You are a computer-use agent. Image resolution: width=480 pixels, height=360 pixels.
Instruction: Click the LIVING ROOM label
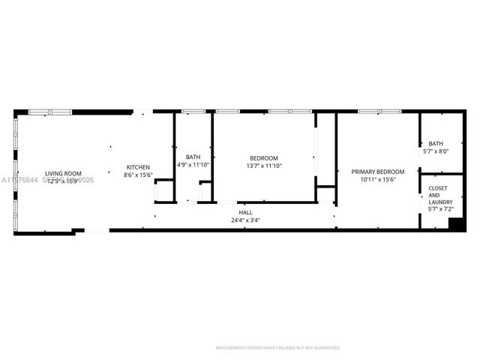tap(63, 174)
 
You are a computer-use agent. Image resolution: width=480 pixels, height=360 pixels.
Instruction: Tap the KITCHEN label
tap(138, 166)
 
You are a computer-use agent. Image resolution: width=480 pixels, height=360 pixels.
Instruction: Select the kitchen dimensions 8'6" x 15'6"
tap(138, 175)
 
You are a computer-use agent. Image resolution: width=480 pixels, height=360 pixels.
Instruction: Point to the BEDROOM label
tap(264, 157)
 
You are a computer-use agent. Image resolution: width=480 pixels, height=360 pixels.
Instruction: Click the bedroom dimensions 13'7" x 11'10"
tap(264, 166)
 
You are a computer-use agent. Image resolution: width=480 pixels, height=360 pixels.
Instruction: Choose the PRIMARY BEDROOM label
tap(378, 172)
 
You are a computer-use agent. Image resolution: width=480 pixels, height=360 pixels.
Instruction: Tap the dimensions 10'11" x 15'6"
tap(378, 180)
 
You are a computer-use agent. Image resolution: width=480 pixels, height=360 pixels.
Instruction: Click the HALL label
tap(245, 213)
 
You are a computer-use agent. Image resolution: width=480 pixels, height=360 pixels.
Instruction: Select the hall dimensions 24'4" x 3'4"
tap(245, 221)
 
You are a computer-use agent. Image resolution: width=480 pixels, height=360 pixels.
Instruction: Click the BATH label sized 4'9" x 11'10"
tap(193, 157)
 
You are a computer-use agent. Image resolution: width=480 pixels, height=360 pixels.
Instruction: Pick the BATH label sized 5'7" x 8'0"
tap(436, 143)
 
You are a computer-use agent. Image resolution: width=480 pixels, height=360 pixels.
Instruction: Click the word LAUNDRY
tap(439, 202)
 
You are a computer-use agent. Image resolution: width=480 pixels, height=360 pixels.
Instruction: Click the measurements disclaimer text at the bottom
tap(277, 348)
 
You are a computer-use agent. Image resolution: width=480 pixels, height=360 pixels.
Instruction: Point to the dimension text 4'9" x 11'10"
tap(193, 165)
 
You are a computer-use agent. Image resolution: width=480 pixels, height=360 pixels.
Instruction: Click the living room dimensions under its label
tap(63, 181)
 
